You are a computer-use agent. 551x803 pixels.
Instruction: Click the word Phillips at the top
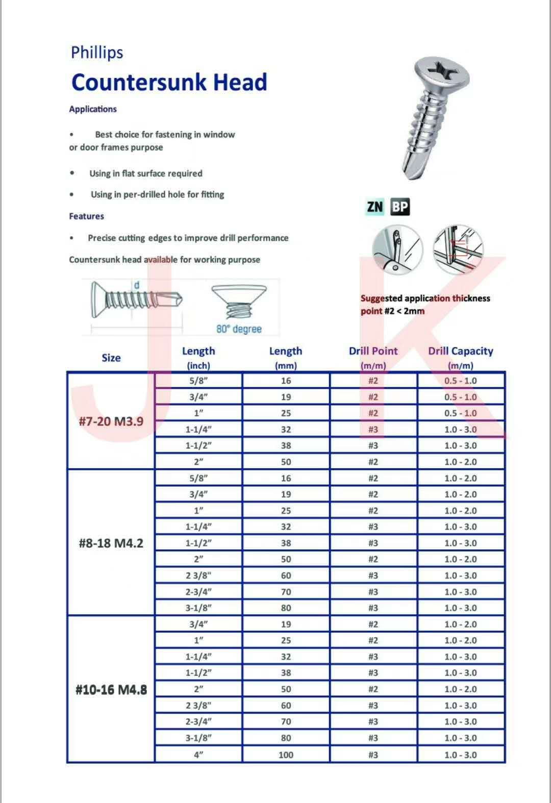click(97, 53)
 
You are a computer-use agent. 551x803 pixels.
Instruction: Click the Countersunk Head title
click(169, 82)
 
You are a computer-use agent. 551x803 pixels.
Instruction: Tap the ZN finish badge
click(374, 207)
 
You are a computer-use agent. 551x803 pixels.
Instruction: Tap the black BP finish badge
click(400, 207)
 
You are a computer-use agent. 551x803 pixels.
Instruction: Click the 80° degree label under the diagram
click(239, 329)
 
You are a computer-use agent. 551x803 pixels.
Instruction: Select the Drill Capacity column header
click(461, 351)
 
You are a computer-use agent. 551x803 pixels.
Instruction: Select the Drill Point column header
click(373, 351)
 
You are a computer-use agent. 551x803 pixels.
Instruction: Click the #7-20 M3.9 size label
click(111, 421)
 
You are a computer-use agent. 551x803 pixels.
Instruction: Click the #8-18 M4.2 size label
click(111, 543)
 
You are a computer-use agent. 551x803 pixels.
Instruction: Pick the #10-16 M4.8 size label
click(111, 690)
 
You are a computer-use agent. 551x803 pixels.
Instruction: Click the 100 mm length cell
click(286, 755)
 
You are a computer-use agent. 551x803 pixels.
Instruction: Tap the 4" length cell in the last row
click(198, 755)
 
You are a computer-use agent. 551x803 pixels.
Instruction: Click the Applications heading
click(93, 109)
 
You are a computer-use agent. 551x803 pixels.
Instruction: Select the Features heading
click(86, 216)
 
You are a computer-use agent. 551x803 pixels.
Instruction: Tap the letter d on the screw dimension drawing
click(137, 285)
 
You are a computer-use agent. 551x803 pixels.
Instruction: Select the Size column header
click(111, 358)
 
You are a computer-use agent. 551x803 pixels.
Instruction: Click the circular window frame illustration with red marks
click(458, 250)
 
